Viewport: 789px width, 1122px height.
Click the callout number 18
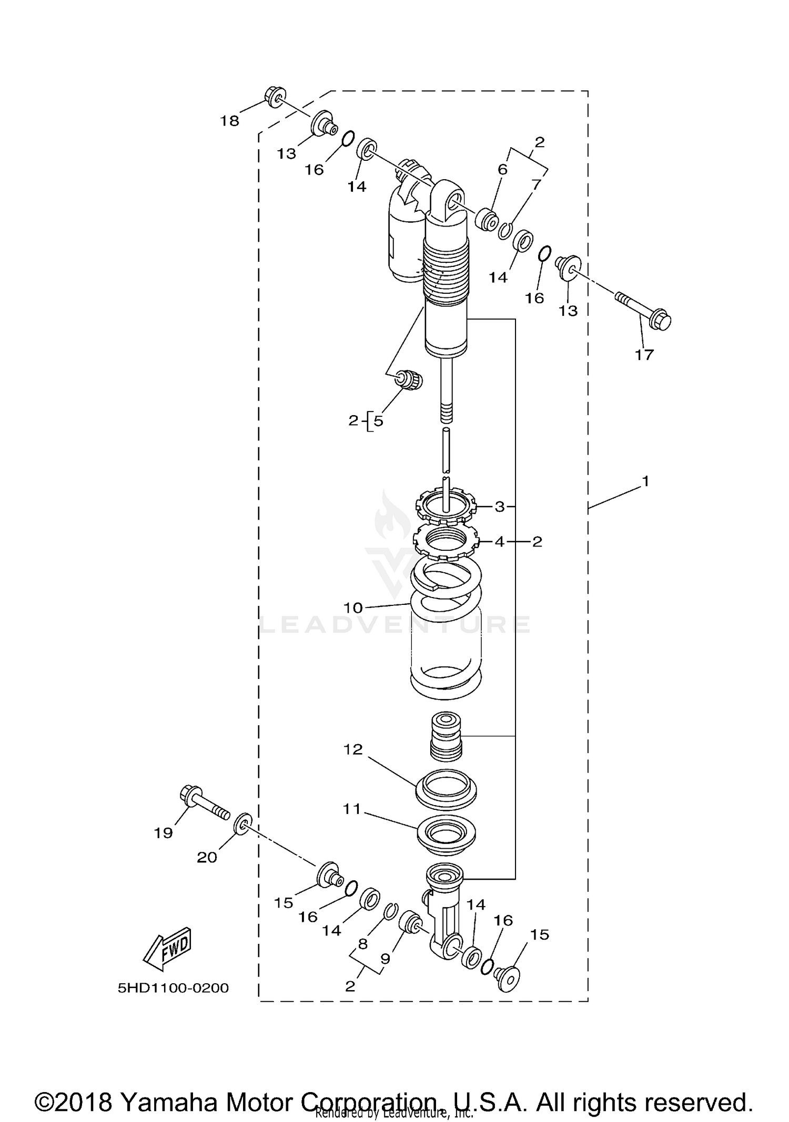click(229, 121)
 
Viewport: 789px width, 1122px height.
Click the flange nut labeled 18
click(275, 96)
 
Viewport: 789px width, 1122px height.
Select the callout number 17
click(644, 355)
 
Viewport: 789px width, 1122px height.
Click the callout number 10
click(353, 608)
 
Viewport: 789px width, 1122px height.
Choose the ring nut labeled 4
click(446, 542)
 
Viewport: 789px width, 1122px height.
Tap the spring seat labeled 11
click(446, 834)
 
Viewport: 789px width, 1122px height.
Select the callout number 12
click(353, 749)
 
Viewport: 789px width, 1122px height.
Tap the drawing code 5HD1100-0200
click(173, 988)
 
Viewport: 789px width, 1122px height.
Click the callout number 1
click(645, 481)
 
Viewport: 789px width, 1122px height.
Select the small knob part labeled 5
click(410, 379)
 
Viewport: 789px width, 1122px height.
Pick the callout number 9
click(385, 958)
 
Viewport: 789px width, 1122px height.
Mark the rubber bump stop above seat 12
click(446, 736)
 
